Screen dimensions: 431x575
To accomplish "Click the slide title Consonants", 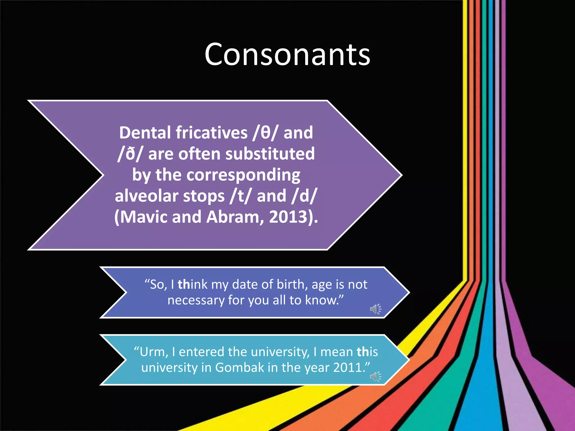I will click(x=287, y=54).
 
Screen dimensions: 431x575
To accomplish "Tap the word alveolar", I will click(x=147, y=196).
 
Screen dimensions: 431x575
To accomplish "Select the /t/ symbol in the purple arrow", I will click(x=239, y=196).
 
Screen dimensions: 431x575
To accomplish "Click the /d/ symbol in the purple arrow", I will click(x=304, y=196).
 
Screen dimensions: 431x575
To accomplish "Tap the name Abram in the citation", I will click(x=235, y=217).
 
